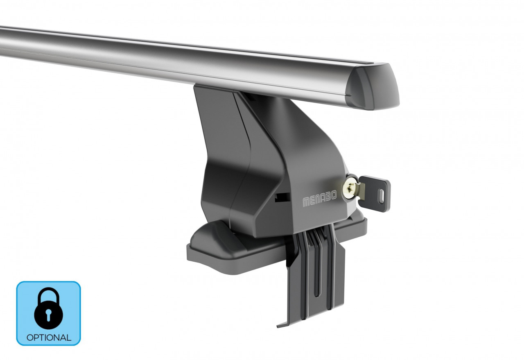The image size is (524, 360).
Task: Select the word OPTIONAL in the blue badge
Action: [48, 338]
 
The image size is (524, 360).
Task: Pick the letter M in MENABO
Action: [305, 202]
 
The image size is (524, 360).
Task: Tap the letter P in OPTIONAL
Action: [35, 338]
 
